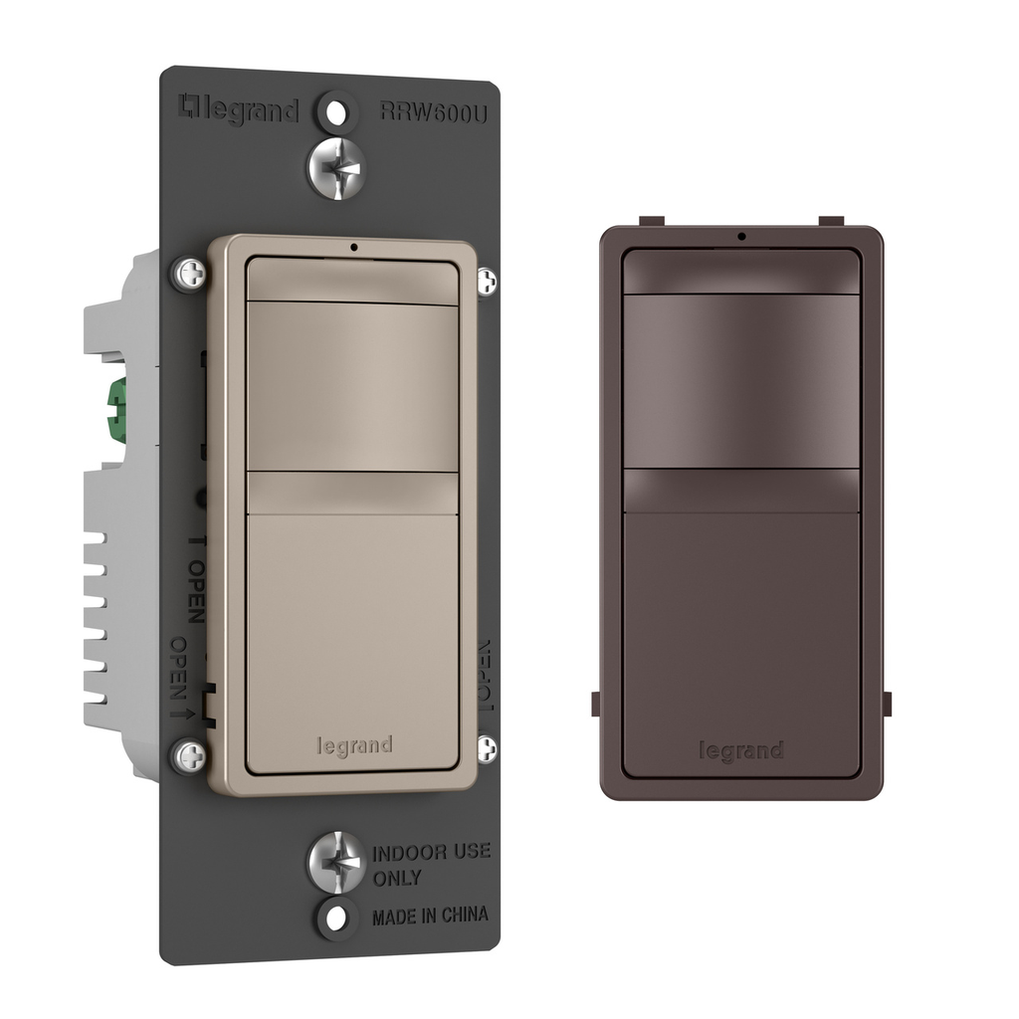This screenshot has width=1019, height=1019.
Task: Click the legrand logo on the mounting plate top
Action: point(238,109)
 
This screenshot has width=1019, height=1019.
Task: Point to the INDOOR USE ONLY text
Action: point(430,865)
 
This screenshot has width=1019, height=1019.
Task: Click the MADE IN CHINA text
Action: point(430,916)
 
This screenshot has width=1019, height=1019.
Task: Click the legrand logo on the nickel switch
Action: point(354,745)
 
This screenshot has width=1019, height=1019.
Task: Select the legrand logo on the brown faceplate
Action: point(740,750)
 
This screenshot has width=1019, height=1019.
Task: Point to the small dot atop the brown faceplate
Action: point(741,236)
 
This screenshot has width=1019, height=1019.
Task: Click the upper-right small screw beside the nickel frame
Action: point(486,282)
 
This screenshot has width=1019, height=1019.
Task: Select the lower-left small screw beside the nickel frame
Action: point(189,756)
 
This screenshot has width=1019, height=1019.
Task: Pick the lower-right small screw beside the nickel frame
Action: point(486,748)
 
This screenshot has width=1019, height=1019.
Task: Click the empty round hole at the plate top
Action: point(337,109)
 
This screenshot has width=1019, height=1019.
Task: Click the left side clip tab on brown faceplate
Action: point(596,703)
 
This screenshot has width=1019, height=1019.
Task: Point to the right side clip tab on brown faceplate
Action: point(887,703)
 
